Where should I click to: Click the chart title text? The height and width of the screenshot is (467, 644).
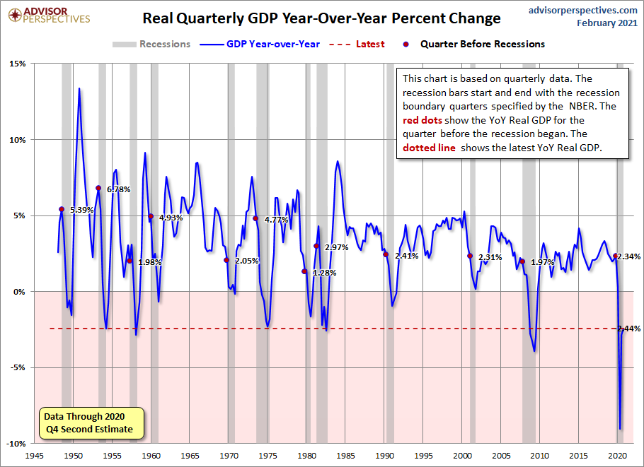coord(321,18)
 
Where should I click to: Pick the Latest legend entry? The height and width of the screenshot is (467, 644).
coord(357,44)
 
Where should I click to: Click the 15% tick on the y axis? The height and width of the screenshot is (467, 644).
coord(17,64)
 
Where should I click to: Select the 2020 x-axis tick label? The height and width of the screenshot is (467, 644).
coord(619,455)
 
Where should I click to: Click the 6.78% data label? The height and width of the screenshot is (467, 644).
coord(118,189)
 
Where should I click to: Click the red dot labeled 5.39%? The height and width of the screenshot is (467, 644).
coord(62,209)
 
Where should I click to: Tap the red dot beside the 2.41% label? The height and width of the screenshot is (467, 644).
coord(386,254)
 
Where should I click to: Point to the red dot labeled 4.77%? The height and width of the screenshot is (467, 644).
coord(255,218)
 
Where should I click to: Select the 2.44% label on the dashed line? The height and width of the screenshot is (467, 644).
coord(628,329)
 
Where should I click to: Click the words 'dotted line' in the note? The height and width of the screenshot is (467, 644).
coord(429,148)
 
